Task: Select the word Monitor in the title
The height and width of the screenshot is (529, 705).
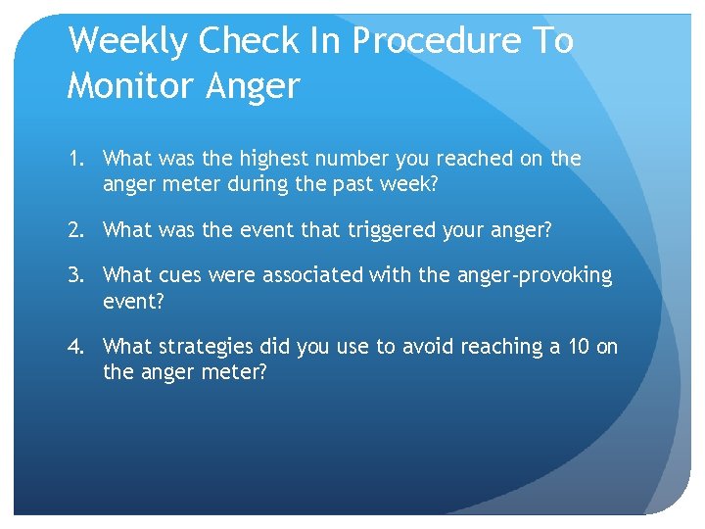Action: click(x=129, y=86)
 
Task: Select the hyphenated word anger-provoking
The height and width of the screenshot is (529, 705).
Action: click(x=533, y=276)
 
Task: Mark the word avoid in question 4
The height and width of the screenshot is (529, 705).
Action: click(x=403, y=347)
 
